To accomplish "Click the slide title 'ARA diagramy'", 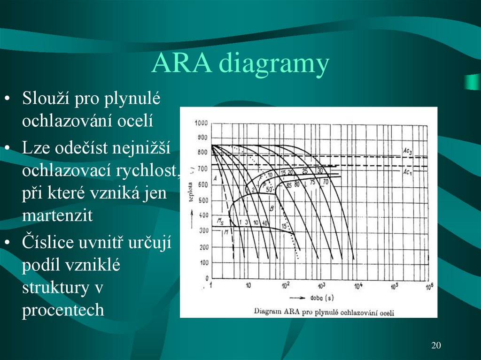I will point(240,64).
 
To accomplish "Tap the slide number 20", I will point(436,346).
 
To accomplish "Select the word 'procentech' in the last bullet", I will point(63,310).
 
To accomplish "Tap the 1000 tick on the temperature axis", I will point(201,123).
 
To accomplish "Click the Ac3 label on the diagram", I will point(408,151).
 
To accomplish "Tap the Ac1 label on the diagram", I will point(408,172).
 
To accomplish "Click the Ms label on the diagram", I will point(220,221).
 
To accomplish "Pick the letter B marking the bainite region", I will point(272,207).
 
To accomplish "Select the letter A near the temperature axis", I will point(215,178).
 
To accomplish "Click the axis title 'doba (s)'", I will point(322,298).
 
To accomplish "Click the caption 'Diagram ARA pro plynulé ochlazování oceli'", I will point(324,312).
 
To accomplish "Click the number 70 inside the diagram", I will point(325,181).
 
